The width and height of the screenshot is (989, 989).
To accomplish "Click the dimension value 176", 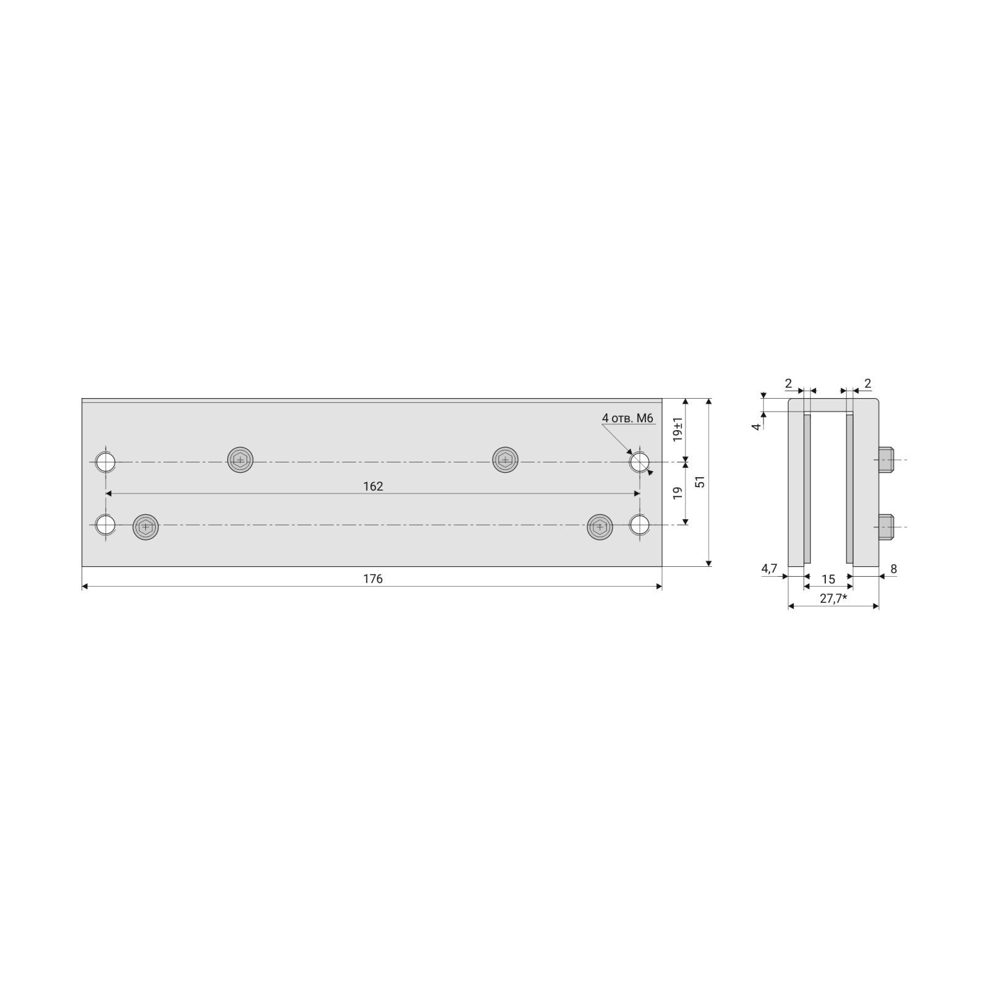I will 373,579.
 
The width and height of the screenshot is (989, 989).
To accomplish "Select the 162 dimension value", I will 373,486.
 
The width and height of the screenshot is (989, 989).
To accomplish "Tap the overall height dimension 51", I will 700,482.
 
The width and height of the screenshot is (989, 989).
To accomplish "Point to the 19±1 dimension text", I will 678,429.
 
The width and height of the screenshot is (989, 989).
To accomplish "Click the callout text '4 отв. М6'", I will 627,418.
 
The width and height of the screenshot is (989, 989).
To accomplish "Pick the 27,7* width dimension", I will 833,598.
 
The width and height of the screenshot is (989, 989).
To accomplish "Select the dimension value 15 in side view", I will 828,579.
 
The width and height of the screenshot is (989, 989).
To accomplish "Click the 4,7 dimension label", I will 769,569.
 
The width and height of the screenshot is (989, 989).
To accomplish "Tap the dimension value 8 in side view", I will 894,569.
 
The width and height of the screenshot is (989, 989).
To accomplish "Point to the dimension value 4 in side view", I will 756,427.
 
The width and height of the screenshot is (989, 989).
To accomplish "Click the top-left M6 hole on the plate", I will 106,461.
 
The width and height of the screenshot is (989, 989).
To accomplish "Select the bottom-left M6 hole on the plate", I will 106,525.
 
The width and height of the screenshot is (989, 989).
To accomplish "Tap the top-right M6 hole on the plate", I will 640,461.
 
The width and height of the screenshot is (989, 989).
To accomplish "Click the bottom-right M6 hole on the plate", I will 640,525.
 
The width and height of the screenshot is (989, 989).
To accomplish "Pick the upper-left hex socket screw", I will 240,460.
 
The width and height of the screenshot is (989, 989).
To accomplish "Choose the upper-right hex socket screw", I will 505,460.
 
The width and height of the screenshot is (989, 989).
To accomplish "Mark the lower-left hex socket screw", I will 145,527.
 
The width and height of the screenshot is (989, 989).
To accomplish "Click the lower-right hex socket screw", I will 599,527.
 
